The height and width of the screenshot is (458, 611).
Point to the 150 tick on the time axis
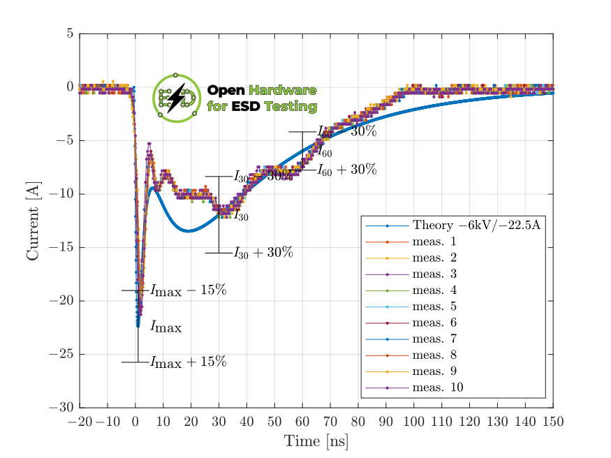pyautogui.click(x=553, y=422)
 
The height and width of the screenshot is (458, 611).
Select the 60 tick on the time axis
pyautogui.click(x=302, y=422)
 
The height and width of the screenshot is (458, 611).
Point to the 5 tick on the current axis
pyautogui.click(x=70, y=34)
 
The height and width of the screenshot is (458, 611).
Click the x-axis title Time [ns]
pyautogui.click(x=316, y=441)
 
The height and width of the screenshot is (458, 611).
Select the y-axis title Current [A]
pyautogui.click(x=33, y=220)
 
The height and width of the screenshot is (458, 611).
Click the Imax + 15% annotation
pyautogui.click(x=188, y=362)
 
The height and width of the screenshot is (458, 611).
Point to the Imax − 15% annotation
pyautogui.click(x=188, y=290)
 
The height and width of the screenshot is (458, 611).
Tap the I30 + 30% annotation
pyautogui.click(x=263, y=253)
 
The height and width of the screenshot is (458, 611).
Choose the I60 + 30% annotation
pyautogui.click(x=346, y=170)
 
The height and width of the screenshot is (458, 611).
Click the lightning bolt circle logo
pyautogui.click(x=176, y=98)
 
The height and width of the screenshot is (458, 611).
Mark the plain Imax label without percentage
pyautogui.click(x=165, y=327)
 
